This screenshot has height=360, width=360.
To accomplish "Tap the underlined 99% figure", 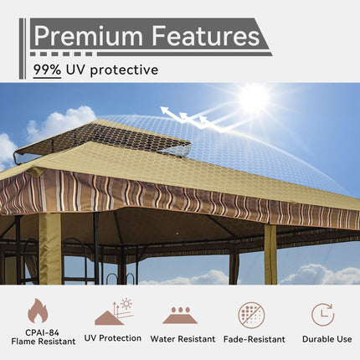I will tap(47, 70).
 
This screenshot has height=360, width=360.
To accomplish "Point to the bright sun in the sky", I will tap(253, 98).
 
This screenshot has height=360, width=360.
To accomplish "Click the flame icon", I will tap(38, 311).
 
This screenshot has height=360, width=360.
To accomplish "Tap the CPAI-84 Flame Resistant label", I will tap(38, 334).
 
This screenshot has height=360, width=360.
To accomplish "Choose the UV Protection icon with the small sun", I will tap(112, 312).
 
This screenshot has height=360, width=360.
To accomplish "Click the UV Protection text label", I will tap(112, 338).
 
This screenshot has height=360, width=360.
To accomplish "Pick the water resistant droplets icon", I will tap(182, 316).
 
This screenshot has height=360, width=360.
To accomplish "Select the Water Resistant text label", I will tap(183, 339).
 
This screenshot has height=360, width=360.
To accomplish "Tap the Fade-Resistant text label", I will tap(252, 339).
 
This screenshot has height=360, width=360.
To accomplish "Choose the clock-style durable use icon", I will tap(322, 314).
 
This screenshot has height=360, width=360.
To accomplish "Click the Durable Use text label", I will tap(322, 339).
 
